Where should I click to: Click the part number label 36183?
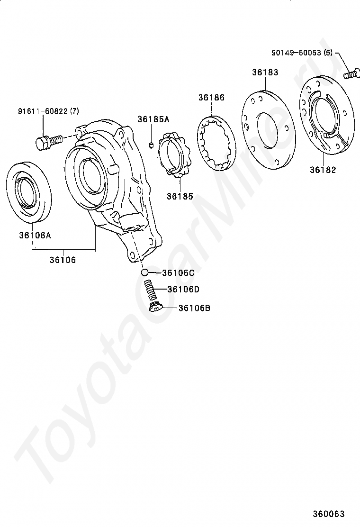click(x=265, y=72)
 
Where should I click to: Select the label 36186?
click(x=211, y=98)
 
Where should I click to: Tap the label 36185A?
click(x=153, y=119)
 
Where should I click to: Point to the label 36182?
click(x=323, y=170)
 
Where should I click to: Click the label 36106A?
click(x=35, y=235)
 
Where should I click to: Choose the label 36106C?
click(x=178, y=273)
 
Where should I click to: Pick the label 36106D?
click(x=183, y=290)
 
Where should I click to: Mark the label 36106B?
click(x=194, y=308)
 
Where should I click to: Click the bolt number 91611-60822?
click(x=43, y=111)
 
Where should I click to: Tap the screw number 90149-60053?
click(x=297, y=53)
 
